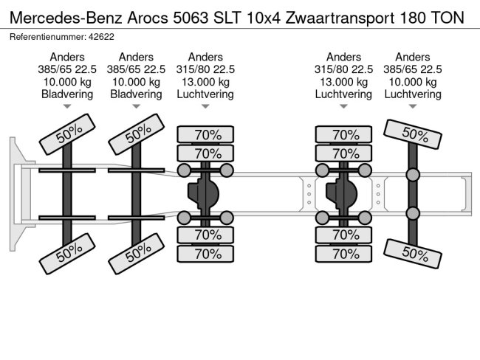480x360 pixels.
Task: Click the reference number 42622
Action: pos(92,37)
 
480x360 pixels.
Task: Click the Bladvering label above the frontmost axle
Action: pos(67,94)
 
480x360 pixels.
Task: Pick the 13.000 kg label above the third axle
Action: pos(205,82)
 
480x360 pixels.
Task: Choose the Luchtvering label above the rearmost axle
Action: pos(413,94)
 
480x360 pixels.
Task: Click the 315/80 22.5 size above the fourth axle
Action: pos(343,69)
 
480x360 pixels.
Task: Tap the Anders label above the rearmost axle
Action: pos(413,57)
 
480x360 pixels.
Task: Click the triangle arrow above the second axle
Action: pos(136,107)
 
